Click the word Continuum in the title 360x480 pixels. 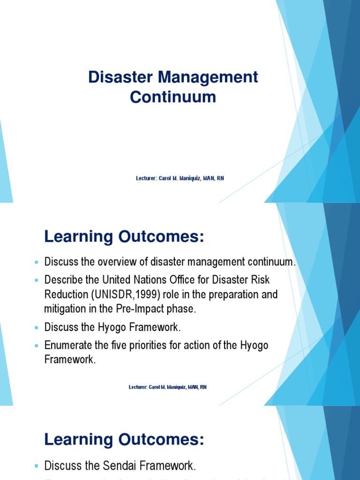click(x=173, y=97)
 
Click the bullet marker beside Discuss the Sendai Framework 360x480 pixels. click(x=37, y=453)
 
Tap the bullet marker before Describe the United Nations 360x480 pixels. click(x=37, y=280)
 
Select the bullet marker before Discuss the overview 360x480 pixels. click(x=37, y=262)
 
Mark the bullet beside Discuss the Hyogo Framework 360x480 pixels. click(x=37, y=327)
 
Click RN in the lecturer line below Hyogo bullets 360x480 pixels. click(x=203, y=387)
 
